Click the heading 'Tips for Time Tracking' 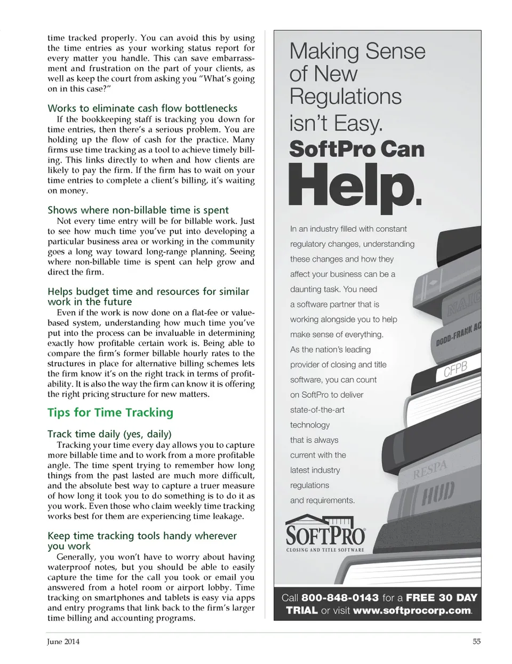click(110, 412)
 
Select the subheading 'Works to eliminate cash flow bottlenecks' click(142, 108)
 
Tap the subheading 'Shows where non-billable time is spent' click(138, 210)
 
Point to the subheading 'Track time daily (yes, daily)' click(109, 434)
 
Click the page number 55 click(476, 642)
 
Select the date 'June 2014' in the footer click(63, 642)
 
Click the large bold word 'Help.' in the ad click(355, 187)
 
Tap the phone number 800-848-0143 click(340, 598)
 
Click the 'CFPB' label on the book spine click(455, 370)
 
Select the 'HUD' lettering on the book click(438, 493)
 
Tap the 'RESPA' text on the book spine click(429, 469)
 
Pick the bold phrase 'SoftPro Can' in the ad click(356, 149)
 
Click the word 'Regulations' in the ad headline click(345, 97)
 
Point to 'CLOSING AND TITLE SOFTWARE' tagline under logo click(325, 550)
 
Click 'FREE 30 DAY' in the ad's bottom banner click(441, 598)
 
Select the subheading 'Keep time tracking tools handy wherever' click(142, 535)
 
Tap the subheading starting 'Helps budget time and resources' click(148, 292)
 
